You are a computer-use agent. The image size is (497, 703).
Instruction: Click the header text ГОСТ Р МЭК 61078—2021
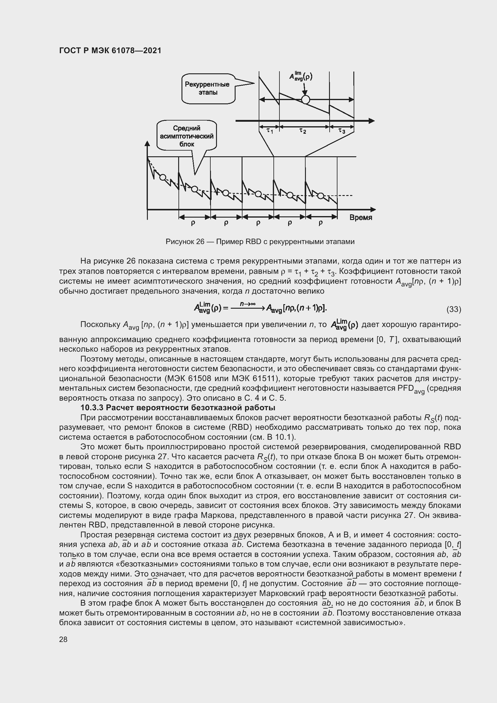(110, 50)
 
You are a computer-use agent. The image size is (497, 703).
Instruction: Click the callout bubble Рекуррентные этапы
(208, 88)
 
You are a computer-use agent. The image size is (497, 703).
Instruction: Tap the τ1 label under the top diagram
(269, 131)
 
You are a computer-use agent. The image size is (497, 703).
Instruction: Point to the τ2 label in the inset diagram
(302, 131)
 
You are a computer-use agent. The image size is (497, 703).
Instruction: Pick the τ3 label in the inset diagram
(342, 131)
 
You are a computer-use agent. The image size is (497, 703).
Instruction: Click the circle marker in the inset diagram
(305, 99)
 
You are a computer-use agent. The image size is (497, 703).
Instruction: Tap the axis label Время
(361, 217)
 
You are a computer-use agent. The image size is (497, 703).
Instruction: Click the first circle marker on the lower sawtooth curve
(163, 177)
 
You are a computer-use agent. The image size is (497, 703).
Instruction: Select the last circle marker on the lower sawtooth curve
(320, 196)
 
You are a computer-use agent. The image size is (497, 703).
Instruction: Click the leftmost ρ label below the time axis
(193, 223)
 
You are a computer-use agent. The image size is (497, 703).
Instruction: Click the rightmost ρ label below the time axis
(320, 223)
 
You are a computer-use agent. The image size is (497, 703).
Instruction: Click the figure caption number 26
(200, 242)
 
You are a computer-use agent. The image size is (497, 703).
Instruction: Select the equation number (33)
(453, 309)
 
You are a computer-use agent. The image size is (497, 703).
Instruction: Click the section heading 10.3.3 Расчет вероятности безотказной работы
(178, 408)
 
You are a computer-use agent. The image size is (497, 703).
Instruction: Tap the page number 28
(63, 639)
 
